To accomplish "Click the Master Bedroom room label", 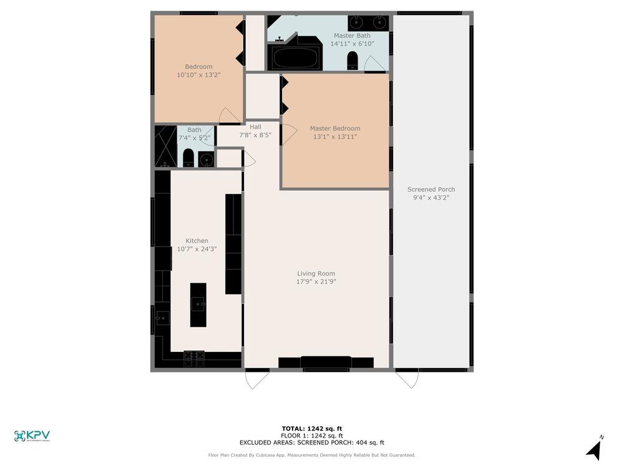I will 335,129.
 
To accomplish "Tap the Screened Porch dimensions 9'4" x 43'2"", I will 431,197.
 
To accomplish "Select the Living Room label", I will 316,273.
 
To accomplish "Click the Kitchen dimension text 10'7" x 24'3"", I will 197,249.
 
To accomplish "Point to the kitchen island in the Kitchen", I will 198,305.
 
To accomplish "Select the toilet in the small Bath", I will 188,158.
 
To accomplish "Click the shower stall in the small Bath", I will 166,147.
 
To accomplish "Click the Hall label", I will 255,127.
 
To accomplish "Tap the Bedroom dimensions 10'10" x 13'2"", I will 198,75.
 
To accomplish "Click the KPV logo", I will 32,436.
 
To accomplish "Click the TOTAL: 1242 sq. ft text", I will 312,429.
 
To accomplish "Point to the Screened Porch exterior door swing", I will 407,379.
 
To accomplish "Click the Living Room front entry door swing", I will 256,379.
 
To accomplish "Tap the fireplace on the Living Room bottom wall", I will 326,363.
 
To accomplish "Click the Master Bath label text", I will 352,36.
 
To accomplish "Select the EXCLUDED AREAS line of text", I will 312,442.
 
